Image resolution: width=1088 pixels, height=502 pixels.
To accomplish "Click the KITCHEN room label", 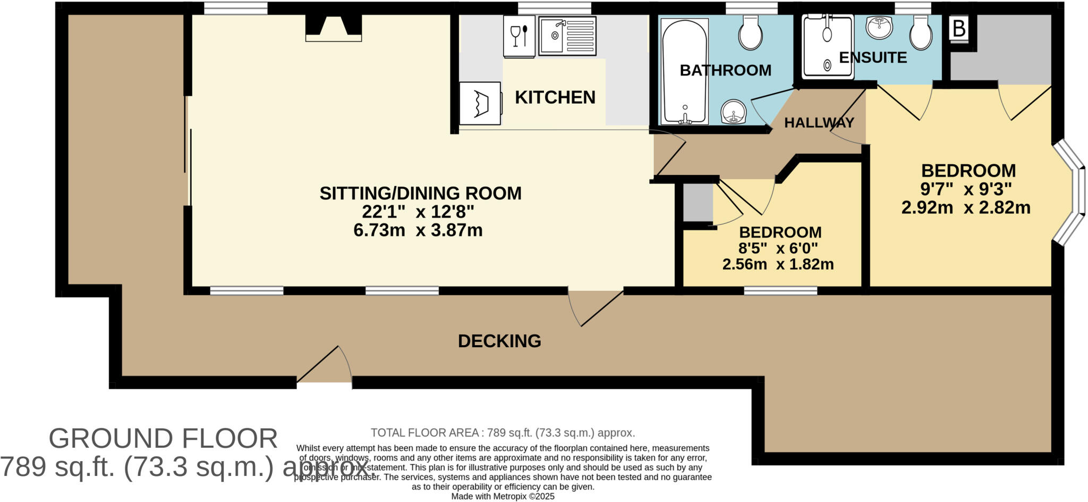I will pyautogui.click(x=555, y=97).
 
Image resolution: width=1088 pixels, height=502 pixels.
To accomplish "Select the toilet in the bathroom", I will pyautogui.click(x=750, y=31).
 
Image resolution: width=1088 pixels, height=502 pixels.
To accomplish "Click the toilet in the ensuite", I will pyautogui.click(x=921, y=31).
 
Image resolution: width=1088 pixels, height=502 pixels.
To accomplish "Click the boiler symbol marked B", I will pyautogui.click(x=958, y=29).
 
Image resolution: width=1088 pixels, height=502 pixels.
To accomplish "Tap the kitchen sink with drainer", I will pyautogui.click(x=567, y=36).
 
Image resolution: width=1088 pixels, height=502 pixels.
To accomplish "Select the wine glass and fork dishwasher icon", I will pyautogui.click(x=518, y=36).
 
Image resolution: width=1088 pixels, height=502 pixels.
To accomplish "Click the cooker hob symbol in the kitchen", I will pyautogui.click(x=480, y=103).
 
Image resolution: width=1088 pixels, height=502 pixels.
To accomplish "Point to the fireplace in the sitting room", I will pyautogui.click(x=333, y=28).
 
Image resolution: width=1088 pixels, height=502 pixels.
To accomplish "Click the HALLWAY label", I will pyautogui.click(x=819, y=123).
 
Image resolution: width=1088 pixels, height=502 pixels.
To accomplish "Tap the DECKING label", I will pyautogui.click(x=499, y=341).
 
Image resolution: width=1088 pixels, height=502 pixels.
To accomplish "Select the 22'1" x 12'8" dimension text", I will pyautogui.click(x=418, y=212).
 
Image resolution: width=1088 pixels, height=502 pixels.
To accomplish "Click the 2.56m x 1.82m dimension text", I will pyautogui.click(x=778, y=264).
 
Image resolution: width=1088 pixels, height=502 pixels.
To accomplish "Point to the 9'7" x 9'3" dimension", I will pyautogui.click(x=966, y=189).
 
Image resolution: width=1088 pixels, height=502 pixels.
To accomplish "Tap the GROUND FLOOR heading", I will pyautogui.click(x=163, y=439).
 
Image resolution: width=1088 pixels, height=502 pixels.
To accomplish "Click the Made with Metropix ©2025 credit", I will pyautogui.click(x=503, y=496).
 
